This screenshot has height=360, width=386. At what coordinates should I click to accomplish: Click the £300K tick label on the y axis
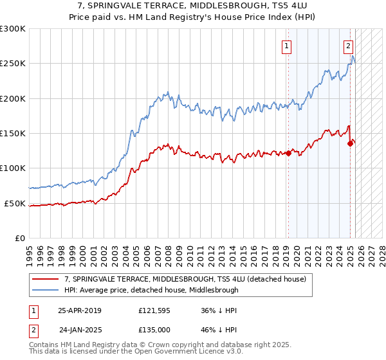tap(13, 29)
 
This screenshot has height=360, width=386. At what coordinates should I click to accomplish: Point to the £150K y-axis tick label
tap(13, 134)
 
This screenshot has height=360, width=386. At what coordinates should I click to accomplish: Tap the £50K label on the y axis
tap(15, 203)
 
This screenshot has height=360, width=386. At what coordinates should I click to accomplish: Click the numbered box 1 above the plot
tap(286, 46)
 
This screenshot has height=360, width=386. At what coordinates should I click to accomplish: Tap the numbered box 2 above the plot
tap(348, 46)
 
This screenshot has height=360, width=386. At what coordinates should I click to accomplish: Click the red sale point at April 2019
tap(288, 153)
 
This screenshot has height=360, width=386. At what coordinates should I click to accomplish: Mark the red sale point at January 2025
tap(350, 143)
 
